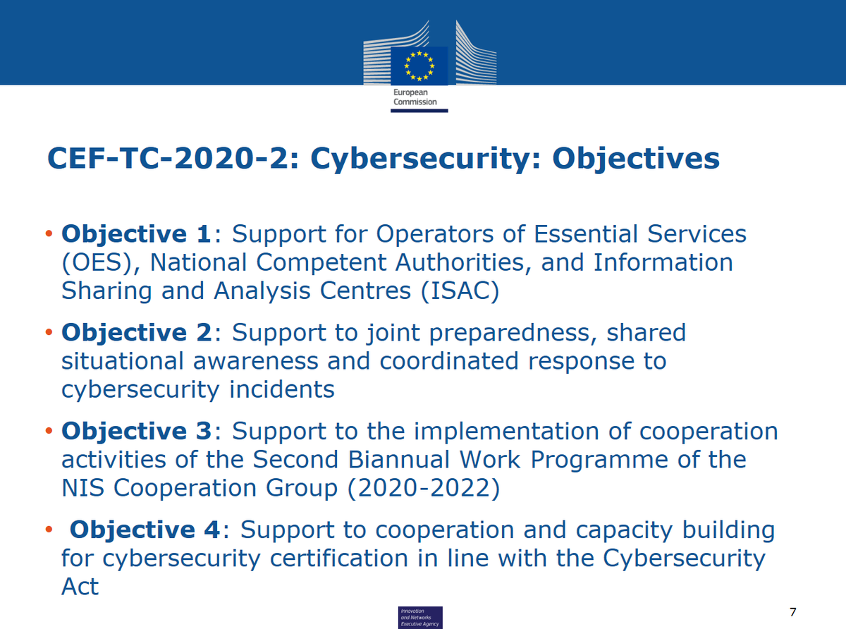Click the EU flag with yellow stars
[419, 66]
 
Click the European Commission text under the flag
[415, 97]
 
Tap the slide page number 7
[794, 611]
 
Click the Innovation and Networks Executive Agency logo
[420, 616]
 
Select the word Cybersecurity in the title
[424, 159]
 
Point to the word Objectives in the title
[636, 159]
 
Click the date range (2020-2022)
[422, 489]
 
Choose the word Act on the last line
[80, 587]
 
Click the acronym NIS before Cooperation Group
[84, 489]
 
